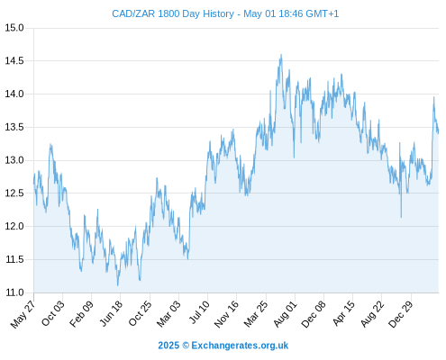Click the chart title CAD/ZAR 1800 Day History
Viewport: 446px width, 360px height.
[173, 13]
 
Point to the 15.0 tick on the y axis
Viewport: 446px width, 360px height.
[14, 28]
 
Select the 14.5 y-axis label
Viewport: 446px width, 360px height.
[14, 61]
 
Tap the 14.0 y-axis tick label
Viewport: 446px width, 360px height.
[14, 94]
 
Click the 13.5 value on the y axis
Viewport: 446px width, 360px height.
[14, 127]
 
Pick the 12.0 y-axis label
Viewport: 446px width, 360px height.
[14, 226]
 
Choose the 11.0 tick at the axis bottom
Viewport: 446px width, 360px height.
[14, 292]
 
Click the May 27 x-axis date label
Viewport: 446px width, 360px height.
[23, 314]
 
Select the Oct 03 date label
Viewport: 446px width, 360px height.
[52, 313]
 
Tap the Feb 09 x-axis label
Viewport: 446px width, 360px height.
[81, 314]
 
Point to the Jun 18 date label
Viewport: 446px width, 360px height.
[111, 313]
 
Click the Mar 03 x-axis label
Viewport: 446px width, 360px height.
[168, 314]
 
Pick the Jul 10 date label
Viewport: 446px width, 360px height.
[199, 312]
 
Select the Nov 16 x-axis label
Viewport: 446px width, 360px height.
[226, 314]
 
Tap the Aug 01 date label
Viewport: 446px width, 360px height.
[285, 314]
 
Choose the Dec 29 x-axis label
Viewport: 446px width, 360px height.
[400, 314]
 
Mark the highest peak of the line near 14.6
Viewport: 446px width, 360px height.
[281, 55]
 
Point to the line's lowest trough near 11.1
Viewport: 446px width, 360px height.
[118, 285]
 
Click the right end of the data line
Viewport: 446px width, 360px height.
[438, 132]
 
